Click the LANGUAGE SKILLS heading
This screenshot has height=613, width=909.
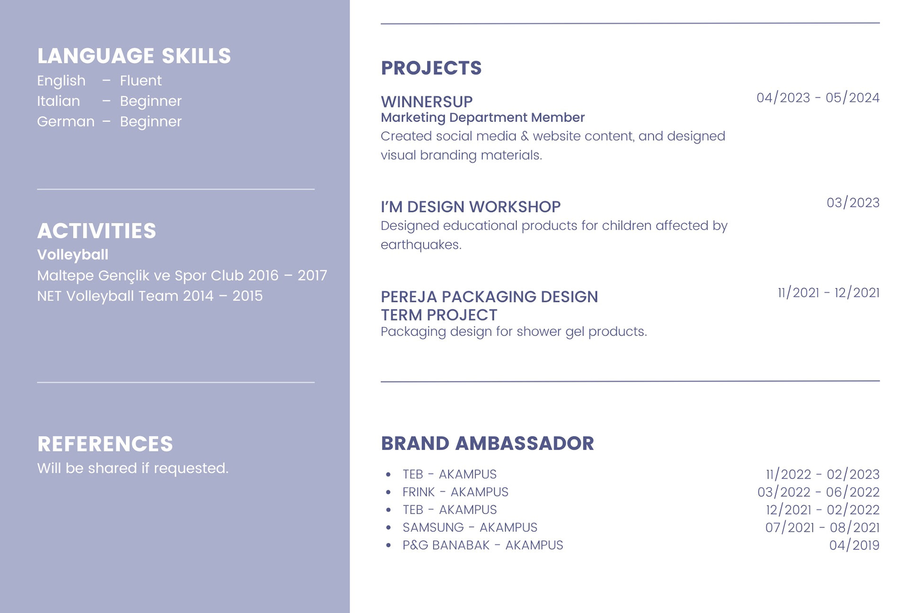134,56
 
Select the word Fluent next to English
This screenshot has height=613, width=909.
141,80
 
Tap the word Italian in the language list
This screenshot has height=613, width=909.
58,101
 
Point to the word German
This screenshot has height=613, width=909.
66,122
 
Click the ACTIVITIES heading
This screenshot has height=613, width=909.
97,231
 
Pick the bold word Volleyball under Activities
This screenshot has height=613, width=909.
72,255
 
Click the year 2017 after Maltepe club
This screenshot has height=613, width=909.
312,275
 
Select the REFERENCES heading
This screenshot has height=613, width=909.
105,444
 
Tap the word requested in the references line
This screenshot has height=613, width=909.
191,469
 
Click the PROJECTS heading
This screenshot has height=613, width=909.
431,68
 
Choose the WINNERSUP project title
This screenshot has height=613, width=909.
427,102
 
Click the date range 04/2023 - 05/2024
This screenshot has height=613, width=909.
818,98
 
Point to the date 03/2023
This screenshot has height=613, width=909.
853,203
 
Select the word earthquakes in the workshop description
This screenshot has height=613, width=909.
421,245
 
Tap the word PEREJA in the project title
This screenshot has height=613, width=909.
409,297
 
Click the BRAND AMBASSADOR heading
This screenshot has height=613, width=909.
487,444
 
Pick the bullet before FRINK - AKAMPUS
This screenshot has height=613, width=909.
388,492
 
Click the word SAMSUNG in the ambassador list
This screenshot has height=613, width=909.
433,527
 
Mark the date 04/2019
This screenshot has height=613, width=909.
854,545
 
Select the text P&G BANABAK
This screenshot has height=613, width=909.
446,545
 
